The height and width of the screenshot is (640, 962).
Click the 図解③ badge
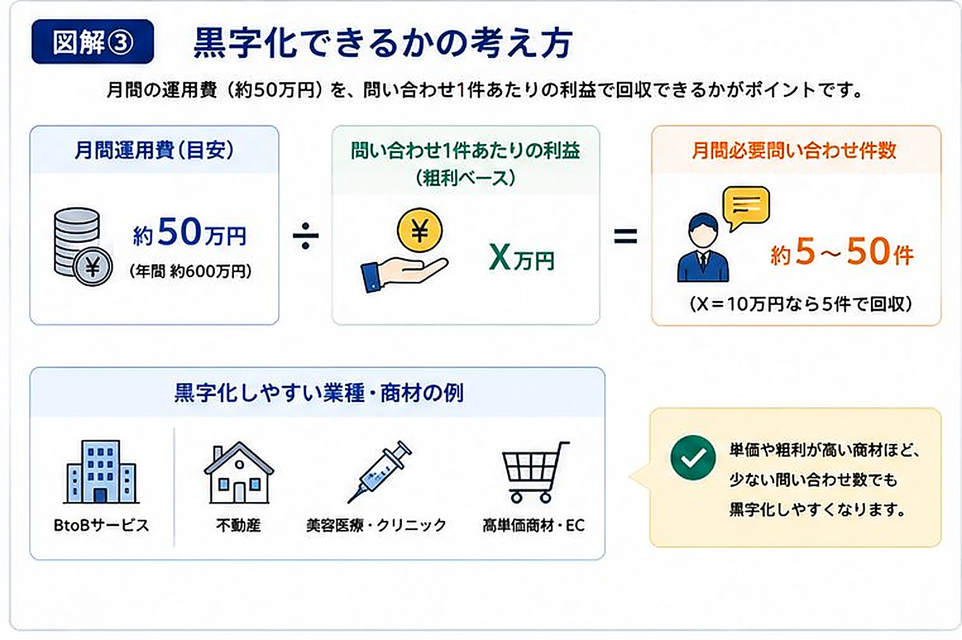[93, 42]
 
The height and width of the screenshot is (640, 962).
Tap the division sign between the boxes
[306, 235]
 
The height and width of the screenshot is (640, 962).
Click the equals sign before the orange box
[625, 236]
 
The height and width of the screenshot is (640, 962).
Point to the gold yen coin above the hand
[420, 230]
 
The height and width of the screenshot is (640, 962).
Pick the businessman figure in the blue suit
[703, 247]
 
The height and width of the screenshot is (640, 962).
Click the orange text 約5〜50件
[842, 252]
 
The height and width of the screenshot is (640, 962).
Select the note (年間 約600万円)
[190, 271]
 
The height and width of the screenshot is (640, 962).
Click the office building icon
[101, 472]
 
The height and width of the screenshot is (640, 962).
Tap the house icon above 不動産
[239, 472]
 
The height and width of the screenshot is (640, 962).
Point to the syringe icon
[379, 472]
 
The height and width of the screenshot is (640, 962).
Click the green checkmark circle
[693, 457]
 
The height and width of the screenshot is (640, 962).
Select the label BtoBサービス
[101, 526]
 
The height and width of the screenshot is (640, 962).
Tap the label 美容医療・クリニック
[376, 526]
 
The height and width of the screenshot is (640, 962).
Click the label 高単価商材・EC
[533, 526]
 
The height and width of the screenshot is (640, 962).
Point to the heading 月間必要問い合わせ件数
[794, 151]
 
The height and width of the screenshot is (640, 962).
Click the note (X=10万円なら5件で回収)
[801, 304]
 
